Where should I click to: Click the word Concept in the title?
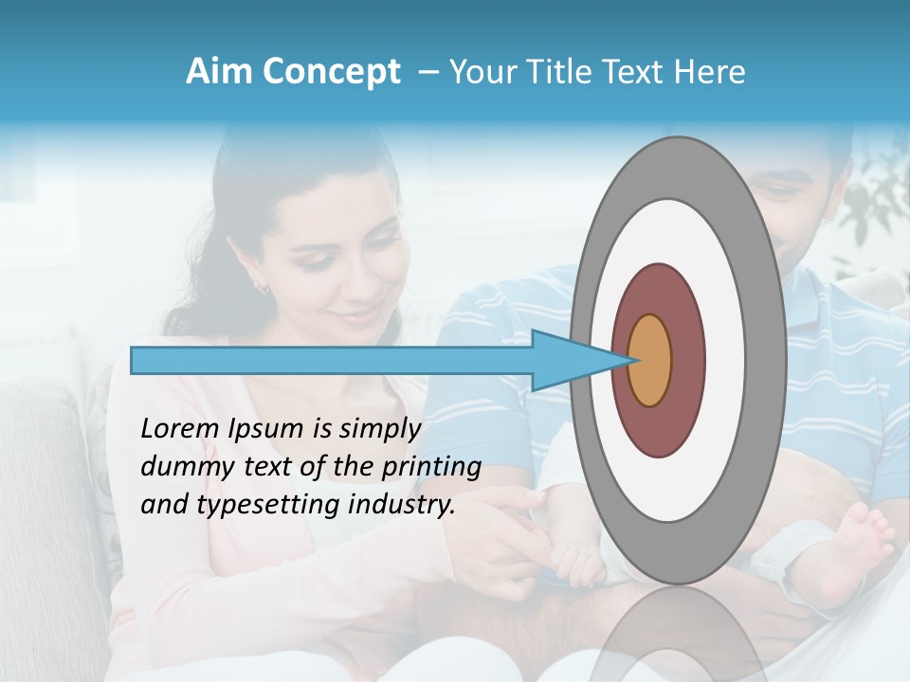click(330, 72)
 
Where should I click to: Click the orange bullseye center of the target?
click(649, 360)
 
